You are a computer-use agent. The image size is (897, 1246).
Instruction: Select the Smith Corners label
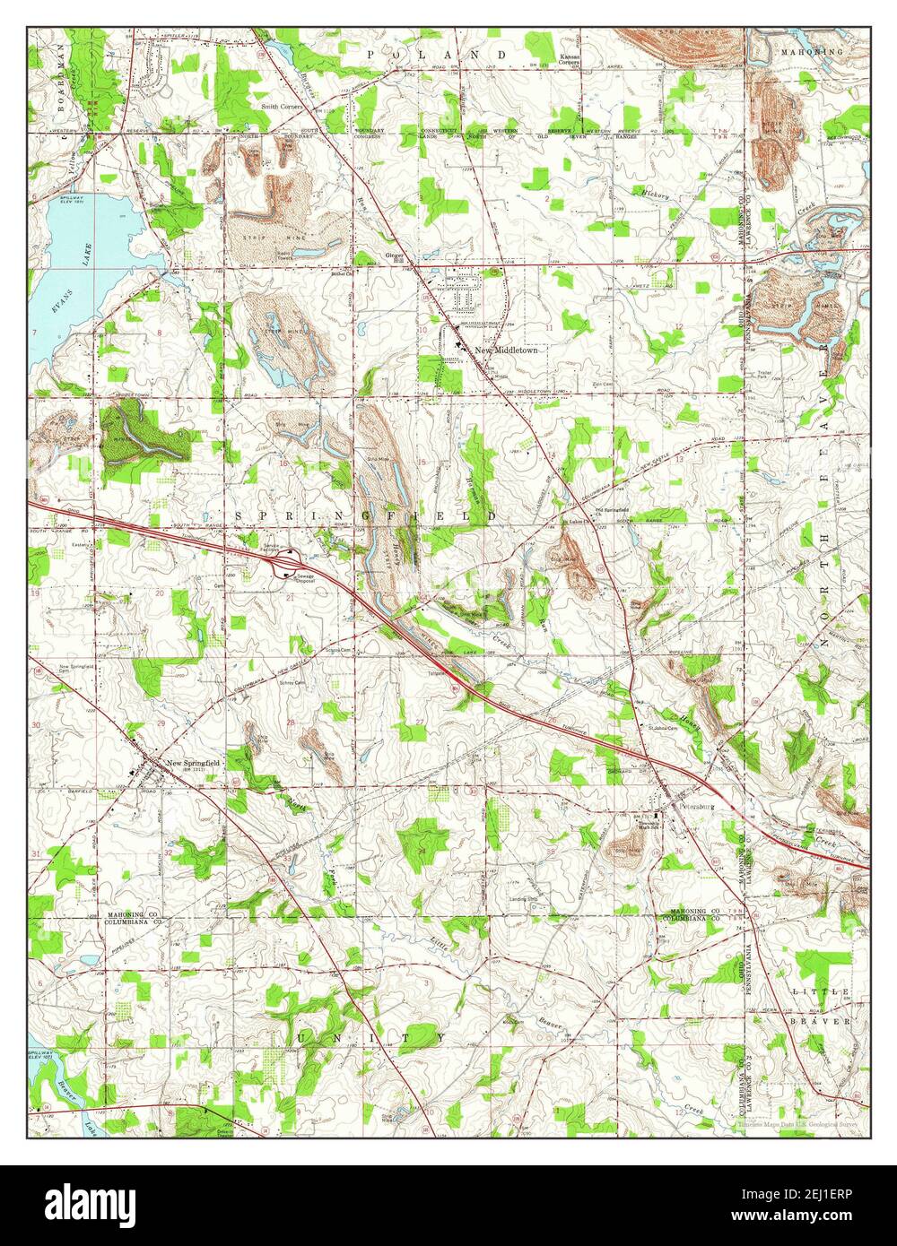(x=283, y=106)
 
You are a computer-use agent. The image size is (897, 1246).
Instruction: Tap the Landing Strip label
(x=523, y=900)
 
